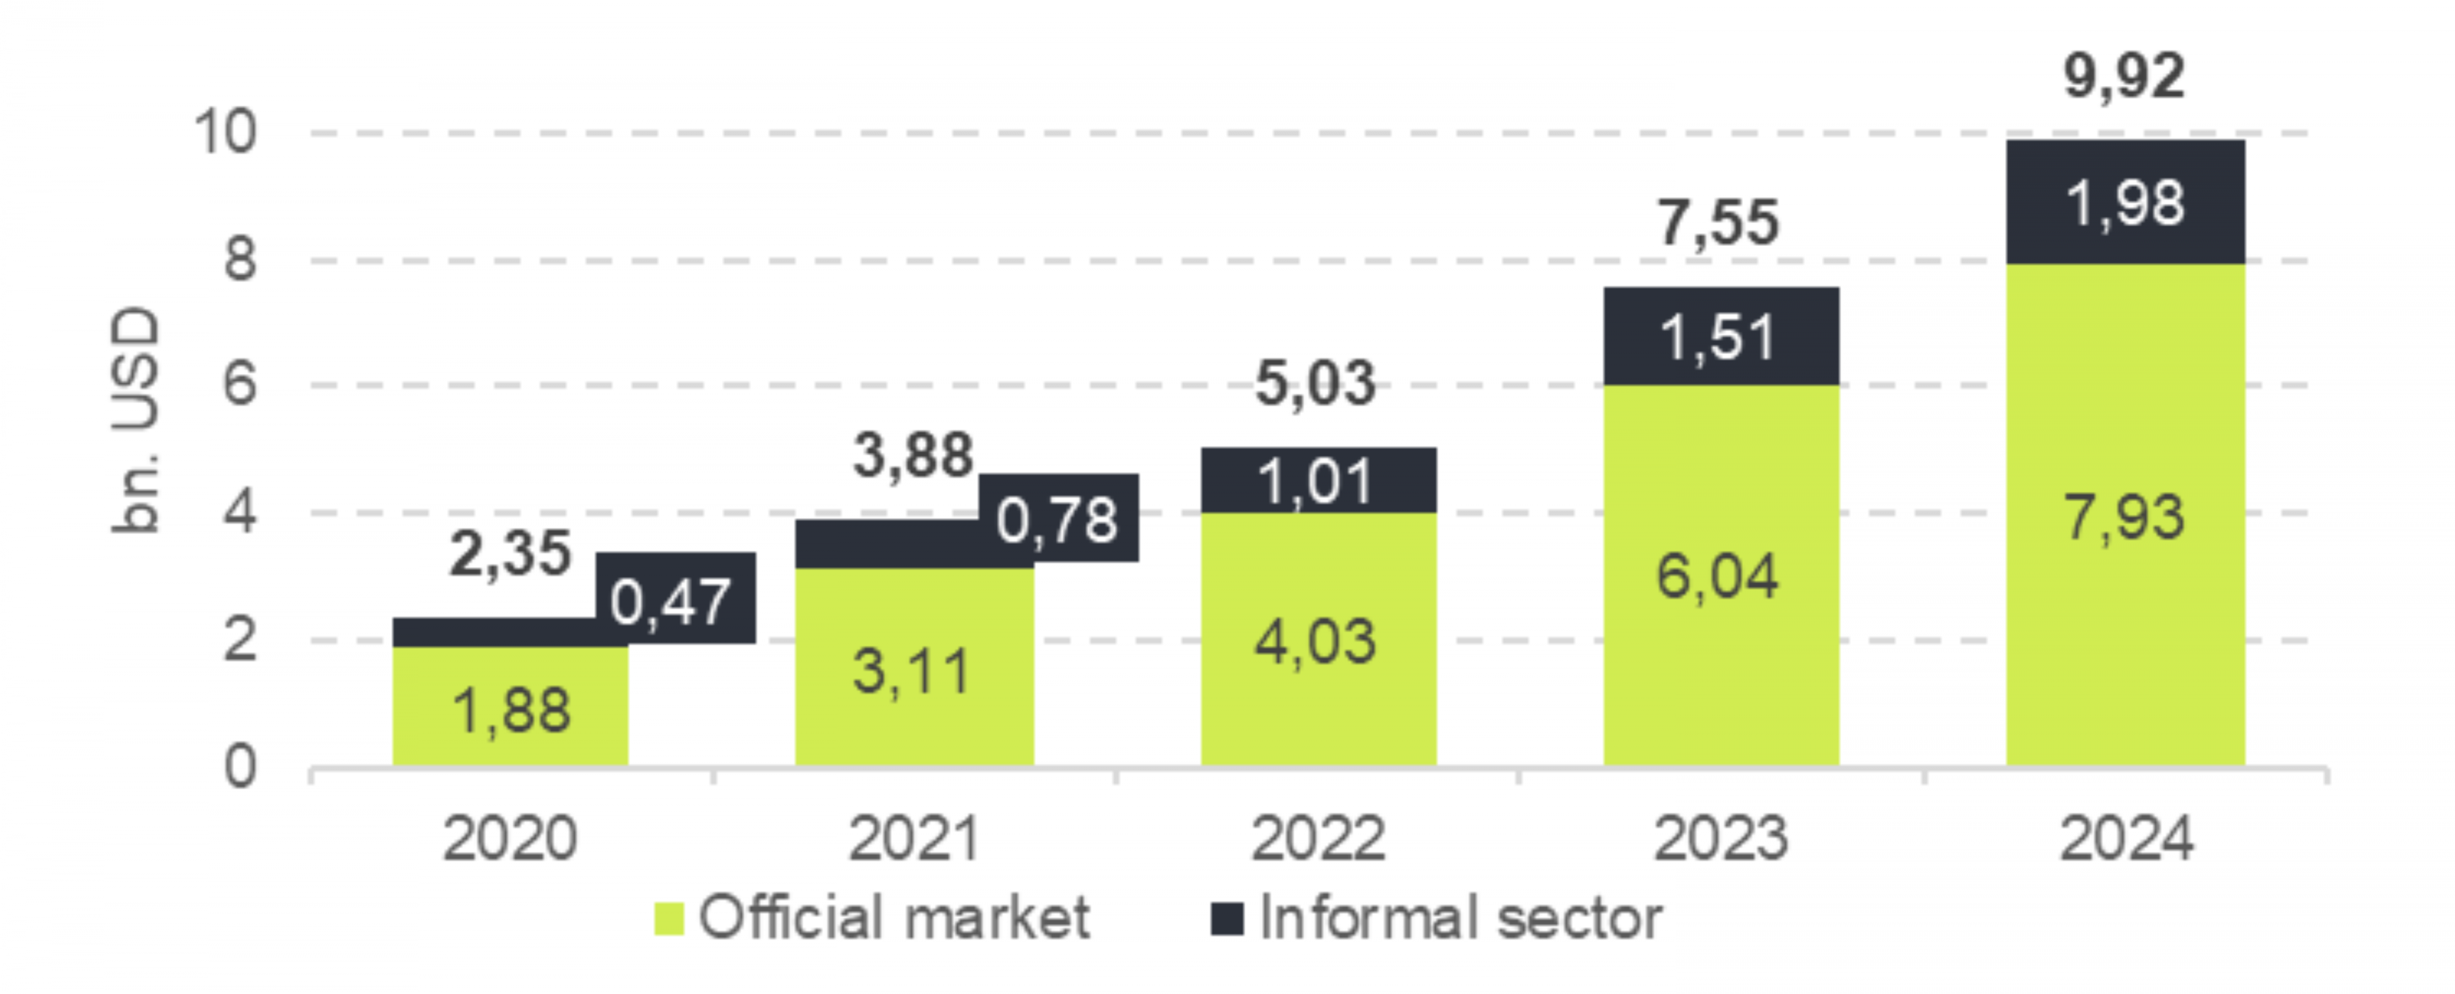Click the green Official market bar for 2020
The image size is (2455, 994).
pos(510,705)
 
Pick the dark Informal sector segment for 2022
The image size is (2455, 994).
pos(1318,480)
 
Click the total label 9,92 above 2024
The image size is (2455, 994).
pos(2124,76)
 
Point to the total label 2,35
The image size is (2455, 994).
pos(510,553)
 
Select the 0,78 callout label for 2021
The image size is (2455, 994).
pos(1058,518)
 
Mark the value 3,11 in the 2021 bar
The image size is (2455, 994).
pos(912,670)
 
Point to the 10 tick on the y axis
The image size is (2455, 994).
pos(225,132)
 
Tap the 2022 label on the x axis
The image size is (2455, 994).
pos(1318,839)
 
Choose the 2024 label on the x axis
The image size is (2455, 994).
pos(2125,839)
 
